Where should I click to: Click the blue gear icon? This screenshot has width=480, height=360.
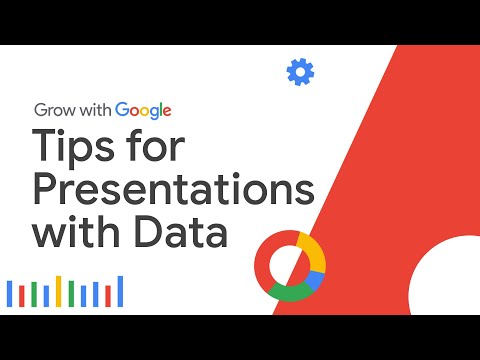[x=299, y=72]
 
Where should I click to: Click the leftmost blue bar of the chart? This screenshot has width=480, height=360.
[x=10, y=293]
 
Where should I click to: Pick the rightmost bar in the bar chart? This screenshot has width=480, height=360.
[x=121, y=290]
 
